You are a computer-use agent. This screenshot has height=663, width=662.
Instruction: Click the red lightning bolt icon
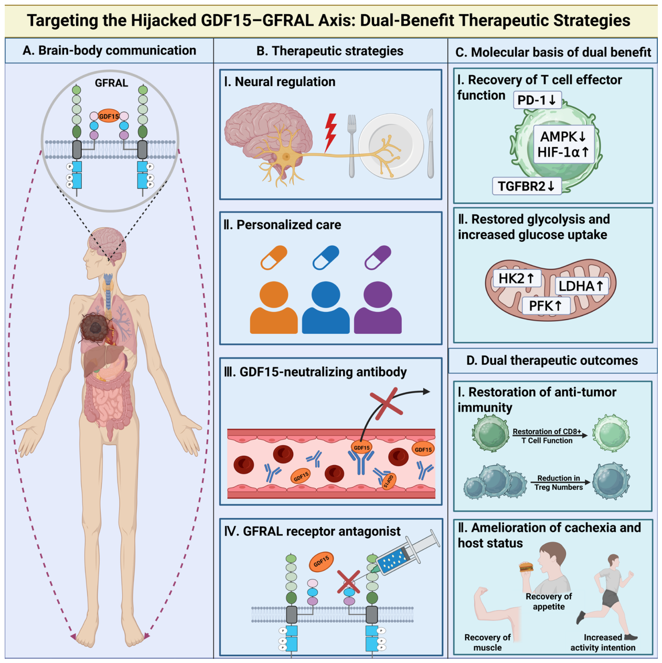pos(330,133)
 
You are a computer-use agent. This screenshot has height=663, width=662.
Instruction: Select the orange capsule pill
pos(274,257)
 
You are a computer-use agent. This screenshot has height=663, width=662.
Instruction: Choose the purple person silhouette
pos(378,307)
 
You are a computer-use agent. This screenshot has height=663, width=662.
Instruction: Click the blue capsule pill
pos(326,257)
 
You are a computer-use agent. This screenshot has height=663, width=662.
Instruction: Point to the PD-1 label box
pos(537,100)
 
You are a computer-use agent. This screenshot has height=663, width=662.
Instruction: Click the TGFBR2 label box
pos(527,186)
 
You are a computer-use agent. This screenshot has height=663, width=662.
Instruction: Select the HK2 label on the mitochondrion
pos(517,278)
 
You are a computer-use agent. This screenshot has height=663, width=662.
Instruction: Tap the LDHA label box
pos(581,286)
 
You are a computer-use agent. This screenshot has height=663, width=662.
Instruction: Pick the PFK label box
pos(546,306)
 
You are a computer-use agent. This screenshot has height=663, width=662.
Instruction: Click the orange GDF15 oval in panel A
pos(109,117)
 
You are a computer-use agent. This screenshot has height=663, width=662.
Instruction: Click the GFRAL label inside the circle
pos(111,83)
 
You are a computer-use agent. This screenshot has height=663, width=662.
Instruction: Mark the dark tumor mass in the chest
pos(95,328)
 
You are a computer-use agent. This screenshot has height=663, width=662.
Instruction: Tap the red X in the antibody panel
pos(386,404)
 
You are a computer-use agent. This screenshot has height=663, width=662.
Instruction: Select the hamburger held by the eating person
pos(526,566)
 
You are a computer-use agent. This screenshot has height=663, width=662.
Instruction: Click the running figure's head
pos(613,560)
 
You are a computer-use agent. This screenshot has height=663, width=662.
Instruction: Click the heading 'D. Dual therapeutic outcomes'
pos(552,360)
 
